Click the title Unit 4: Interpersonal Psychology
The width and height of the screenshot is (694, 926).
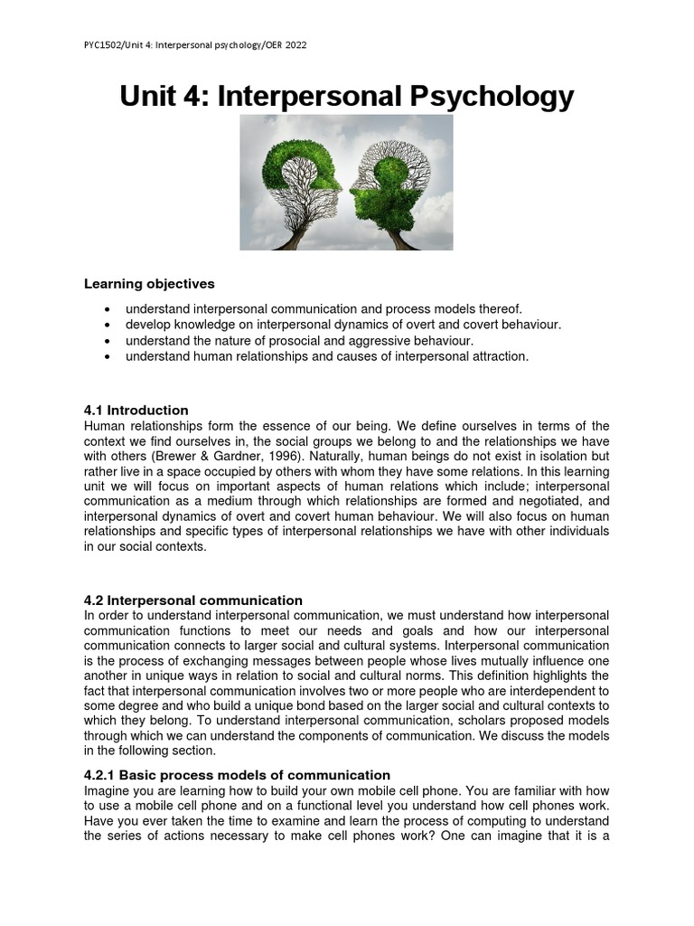347,96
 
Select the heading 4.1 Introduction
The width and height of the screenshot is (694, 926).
136,410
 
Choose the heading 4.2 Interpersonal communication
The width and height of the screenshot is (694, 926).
192,600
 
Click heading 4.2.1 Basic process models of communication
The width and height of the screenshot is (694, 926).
237,775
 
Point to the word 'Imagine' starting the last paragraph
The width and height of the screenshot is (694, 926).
108,791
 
